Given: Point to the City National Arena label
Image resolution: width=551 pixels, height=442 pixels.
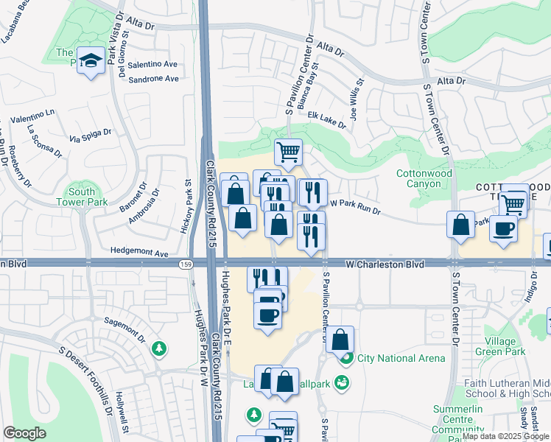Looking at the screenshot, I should pyautogui.click(x=401, y=359).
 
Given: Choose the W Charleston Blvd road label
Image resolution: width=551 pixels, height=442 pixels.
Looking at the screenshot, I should pyautogui.click(x=387, y=263).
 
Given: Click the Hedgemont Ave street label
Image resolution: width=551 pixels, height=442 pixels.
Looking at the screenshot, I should pyautogui.click(x=139, y=251).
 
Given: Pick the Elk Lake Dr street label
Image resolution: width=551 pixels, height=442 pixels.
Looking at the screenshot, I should pyautogui.click(x=327, y=120).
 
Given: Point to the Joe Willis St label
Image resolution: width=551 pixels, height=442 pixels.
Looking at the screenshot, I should pyautogui.click(x=357, y=101).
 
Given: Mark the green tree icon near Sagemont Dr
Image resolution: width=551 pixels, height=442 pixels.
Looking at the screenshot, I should pyautogui.click(x=158, y=348).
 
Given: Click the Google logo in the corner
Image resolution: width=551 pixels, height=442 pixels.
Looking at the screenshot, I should pyautogui.click(x=25, y=433).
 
